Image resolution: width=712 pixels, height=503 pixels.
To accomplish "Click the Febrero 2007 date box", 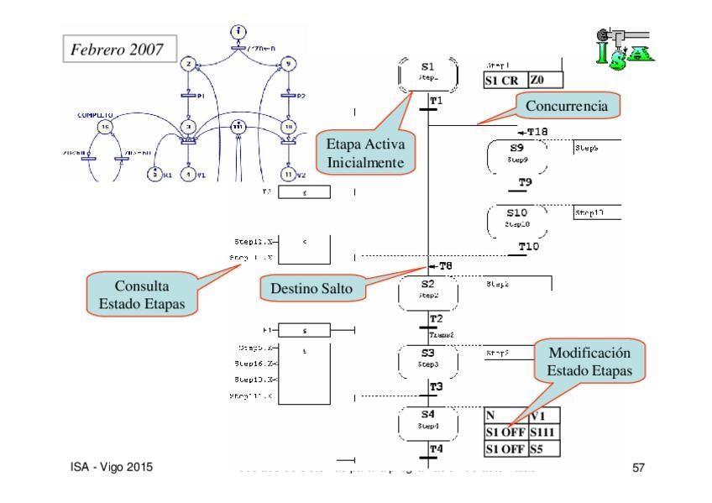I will coord(118,48).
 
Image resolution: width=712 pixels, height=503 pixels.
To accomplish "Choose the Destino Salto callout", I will coord(311,288).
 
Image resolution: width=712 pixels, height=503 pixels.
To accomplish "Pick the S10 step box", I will coord(517,220).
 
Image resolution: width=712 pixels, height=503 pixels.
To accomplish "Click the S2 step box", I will coord(428,290).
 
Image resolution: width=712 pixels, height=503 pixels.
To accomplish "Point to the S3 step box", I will coord(428,359).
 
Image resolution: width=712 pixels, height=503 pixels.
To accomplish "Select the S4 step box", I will coord(428,420).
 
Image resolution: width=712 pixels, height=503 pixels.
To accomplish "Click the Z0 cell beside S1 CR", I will coord(545,81).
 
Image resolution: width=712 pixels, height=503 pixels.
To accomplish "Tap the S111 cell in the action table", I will coord(542,432).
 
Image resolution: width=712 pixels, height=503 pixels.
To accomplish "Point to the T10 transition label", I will coord(529,246).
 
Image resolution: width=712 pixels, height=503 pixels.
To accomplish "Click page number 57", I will coord(637,467).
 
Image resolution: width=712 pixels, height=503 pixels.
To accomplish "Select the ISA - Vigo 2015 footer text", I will coord(111,467).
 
